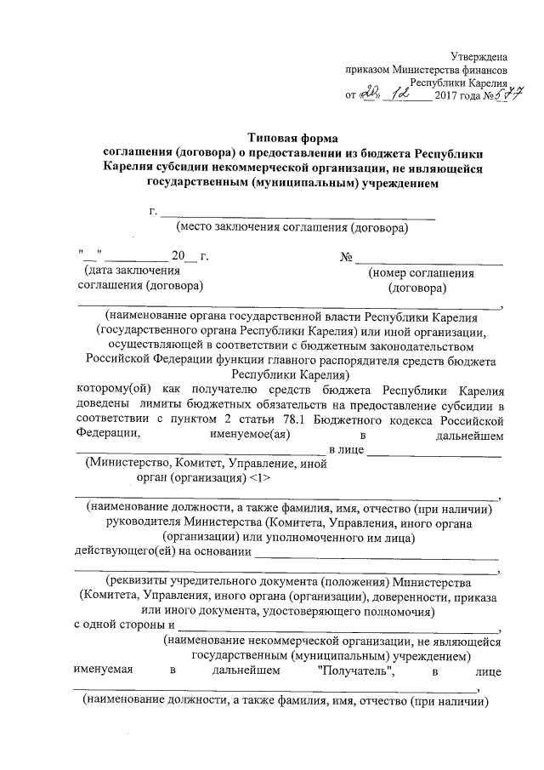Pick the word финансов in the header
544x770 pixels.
click(x=484, y=69)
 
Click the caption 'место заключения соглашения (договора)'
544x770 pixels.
click(x=292, y=227)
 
